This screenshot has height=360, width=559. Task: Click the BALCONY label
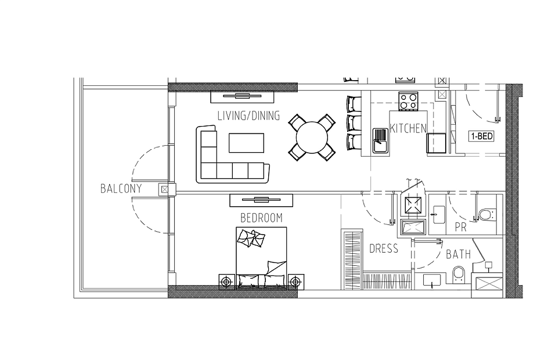(x=121, y=189)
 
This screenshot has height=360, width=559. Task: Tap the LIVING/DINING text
(x=249, y=116)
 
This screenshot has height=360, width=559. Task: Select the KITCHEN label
(x=408, y=128)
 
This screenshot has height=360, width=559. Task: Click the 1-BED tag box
(x=482, y=136)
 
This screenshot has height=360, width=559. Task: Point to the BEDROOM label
(x=261, y=218)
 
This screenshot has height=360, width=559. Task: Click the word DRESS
(x=384, y=249)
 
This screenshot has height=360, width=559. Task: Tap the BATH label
(x=459, y=254)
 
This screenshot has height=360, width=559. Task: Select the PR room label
(x=461, y=228)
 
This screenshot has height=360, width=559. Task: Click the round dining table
(x=312, y=138)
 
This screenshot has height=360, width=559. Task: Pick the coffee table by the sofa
(x=246, y=143)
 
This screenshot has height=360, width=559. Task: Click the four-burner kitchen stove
(x=409, y=101)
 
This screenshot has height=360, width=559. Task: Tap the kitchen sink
(x=380, y=141)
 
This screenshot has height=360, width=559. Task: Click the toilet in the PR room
(x=486, y=215)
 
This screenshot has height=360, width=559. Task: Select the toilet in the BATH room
(x=459, y=275)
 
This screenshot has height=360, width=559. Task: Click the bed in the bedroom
(x=261, y=258)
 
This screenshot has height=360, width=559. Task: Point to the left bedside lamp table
(x=226, y=282)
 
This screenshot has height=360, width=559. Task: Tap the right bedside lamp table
(x=295, y=282)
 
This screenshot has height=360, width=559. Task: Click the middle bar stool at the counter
(x=354, y=123)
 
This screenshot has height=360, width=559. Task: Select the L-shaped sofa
(x=232, y=154)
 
